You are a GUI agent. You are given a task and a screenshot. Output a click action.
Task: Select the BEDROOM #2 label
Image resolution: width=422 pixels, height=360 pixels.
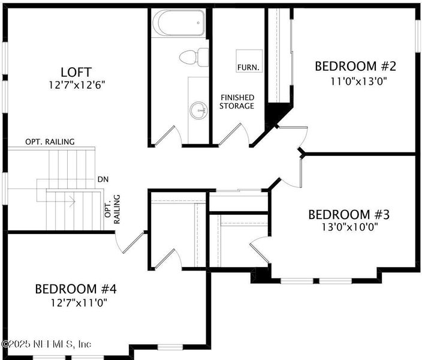tap(355, 66)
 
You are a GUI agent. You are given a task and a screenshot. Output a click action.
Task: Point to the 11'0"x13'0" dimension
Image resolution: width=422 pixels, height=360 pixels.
tap(355, 81)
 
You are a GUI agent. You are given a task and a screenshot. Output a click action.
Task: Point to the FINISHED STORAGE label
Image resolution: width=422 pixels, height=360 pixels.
tap(237, 102)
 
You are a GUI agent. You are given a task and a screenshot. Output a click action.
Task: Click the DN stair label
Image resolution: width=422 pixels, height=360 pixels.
tap(103, 179)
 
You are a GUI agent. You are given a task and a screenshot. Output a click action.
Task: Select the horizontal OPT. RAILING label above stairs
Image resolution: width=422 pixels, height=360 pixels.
tap(50, 142)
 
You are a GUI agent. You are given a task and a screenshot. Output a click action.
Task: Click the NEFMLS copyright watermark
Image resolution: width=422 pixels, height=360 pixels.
tap(47, 344)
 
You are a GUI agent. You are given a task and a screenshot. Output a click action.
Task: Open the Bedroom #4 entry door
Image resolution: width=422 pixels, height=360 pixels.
tap(130, 241)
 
